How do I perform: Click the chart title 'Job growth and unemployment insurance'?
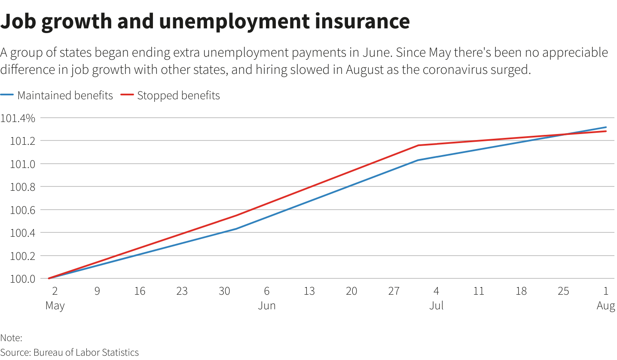point(205,21)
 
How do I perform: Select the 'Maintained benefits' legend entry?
point(64,95)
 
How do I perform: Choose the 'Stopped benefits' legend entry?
point(178,95)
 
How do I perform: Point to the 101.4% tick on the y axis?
point(18,118)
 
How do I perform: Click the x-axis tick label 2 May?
point(55,298)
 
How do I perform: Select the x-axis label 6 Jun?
point(266,298)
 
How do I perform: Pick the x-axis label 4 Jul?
point(436,298)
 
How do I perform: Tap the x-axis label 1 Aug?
point(605,298)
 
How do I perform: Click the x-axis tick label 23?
point(182,291)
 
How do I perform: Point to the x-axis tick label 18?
point(521,291)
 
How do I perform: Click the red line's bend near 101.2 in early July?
point(418,145)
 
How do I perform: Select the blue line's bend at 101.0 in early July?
point(418,160)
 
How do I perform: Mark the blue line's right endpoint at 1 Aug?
point(606,127)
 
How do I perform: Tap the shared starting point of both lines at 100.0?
point(49,278)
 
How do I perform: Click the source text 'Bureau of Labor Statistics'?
point(86,353)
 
